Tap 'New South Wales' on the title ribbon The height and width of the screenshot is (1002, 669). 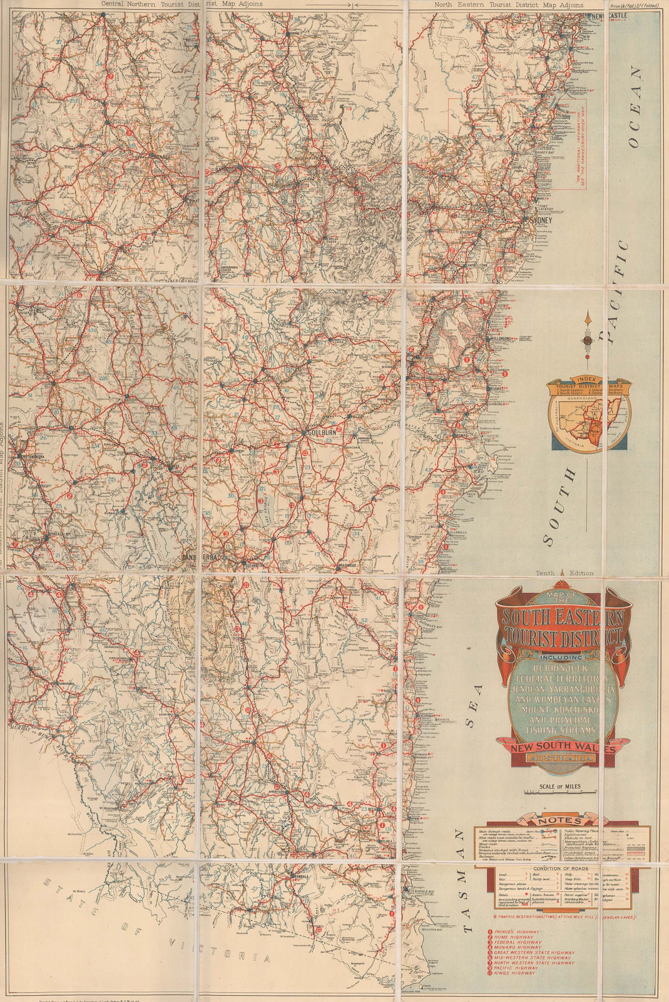pyautogui.click(x=562, y=749)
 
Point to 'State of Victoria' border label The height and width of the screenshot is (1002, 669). pyautogui.click(x=156, y=927)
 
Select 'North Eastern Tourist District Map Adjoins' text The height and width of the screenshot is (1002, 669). pyautogui.click(x=509, y=4)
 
